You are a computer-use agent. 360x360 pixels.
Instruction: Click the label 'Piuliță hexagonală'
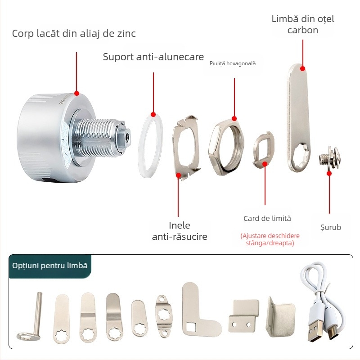pos(233,63)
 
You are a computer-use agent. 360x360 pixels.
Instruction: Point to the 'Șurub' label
pos(331,227)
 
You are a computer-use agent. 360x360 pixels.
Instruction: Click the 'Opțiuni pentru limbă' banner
pos(50,265)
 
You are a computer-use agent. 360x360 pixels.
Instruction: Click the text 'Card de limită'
pos(267,218)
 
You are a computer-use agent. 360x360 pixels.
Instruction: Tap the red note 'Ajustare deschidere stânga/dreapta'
pos(270,239)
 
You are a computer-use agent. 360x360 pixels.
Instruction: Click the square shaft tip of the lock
pos(125,138)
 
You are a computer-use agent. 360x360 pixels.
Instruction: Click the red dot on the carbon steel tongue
pos(302,68)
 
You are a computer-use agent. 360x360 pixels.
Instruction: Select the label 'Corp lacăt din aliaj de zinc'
pos(74,33)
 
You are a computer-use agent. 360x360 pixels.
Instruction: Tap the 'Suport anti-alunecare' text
pos(153,57)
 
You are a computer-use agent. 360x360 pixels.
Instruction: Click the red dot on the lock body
pos(76,93)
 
